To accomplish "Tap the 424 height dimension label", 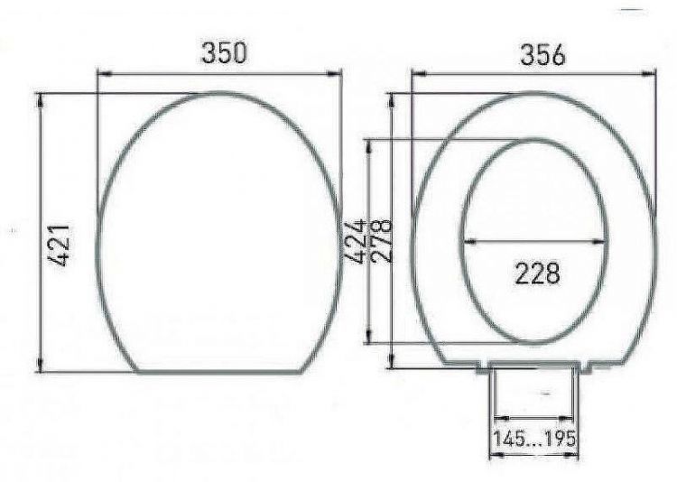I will coord(357,240).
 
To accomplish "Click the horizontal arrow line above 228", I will coord(533,241).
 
